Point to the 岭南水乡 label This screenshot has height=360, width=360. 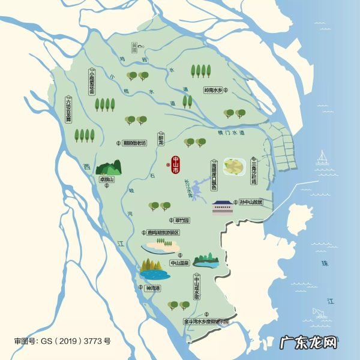pyautogui.click(x=213, y=90)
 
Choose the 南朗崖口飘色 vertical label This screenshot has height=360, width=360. pyautogui.click(x=214, y=174)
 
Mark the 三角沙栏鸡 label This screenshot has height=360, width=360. pyautogui.click(x=255, y=169)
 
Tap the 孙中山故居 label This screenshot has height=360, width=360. pyautogui.click(x=255, y=202)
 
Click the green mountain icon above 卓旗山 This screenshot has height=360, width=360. pyautogui.click(x=109, y=167)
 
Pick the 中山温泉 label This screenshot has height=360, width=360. pyautogui.click(x=179, y=262)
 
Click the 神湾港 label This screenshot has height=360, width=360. pyautogui.click(x=154, y=288)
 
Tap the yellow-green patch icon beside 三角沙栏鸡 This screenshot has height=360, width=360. pyautogui.click(x=233, y=166)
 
